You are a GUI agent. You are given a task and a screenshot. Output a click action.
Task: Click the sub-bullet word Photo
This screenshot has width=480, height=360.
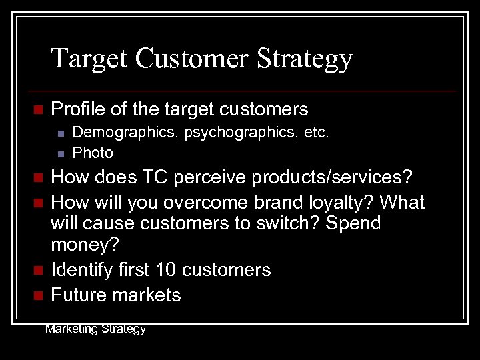pyautogui.click(x=93, y=153)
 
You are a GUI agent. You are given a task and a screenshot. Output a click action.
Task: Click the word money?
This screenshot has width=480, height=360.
pyautogui.click(x=85, y=246)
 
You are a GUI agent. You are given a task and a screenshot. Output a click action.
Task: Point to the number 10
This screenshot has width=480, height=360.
pyautogui.click(x=166, y=269)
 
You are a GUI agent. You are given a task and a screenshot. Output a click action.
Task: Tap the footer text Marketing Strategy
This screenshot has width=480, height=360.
pyautogui.click(x=95, y=328)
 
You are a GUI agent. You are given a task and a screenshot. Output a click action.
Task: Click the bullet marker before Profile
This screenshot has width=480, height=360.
pyautogui.click(x=37, y=109)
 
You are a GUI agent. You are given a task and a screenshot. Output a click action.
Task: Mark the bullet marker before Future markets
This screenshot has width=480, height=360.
pyautogui.click(x=37, y=295)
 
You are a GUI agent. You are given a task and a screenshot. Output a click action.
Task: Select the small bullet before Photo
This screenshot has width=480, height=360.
pyautogui.click(x=60, y=153)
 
